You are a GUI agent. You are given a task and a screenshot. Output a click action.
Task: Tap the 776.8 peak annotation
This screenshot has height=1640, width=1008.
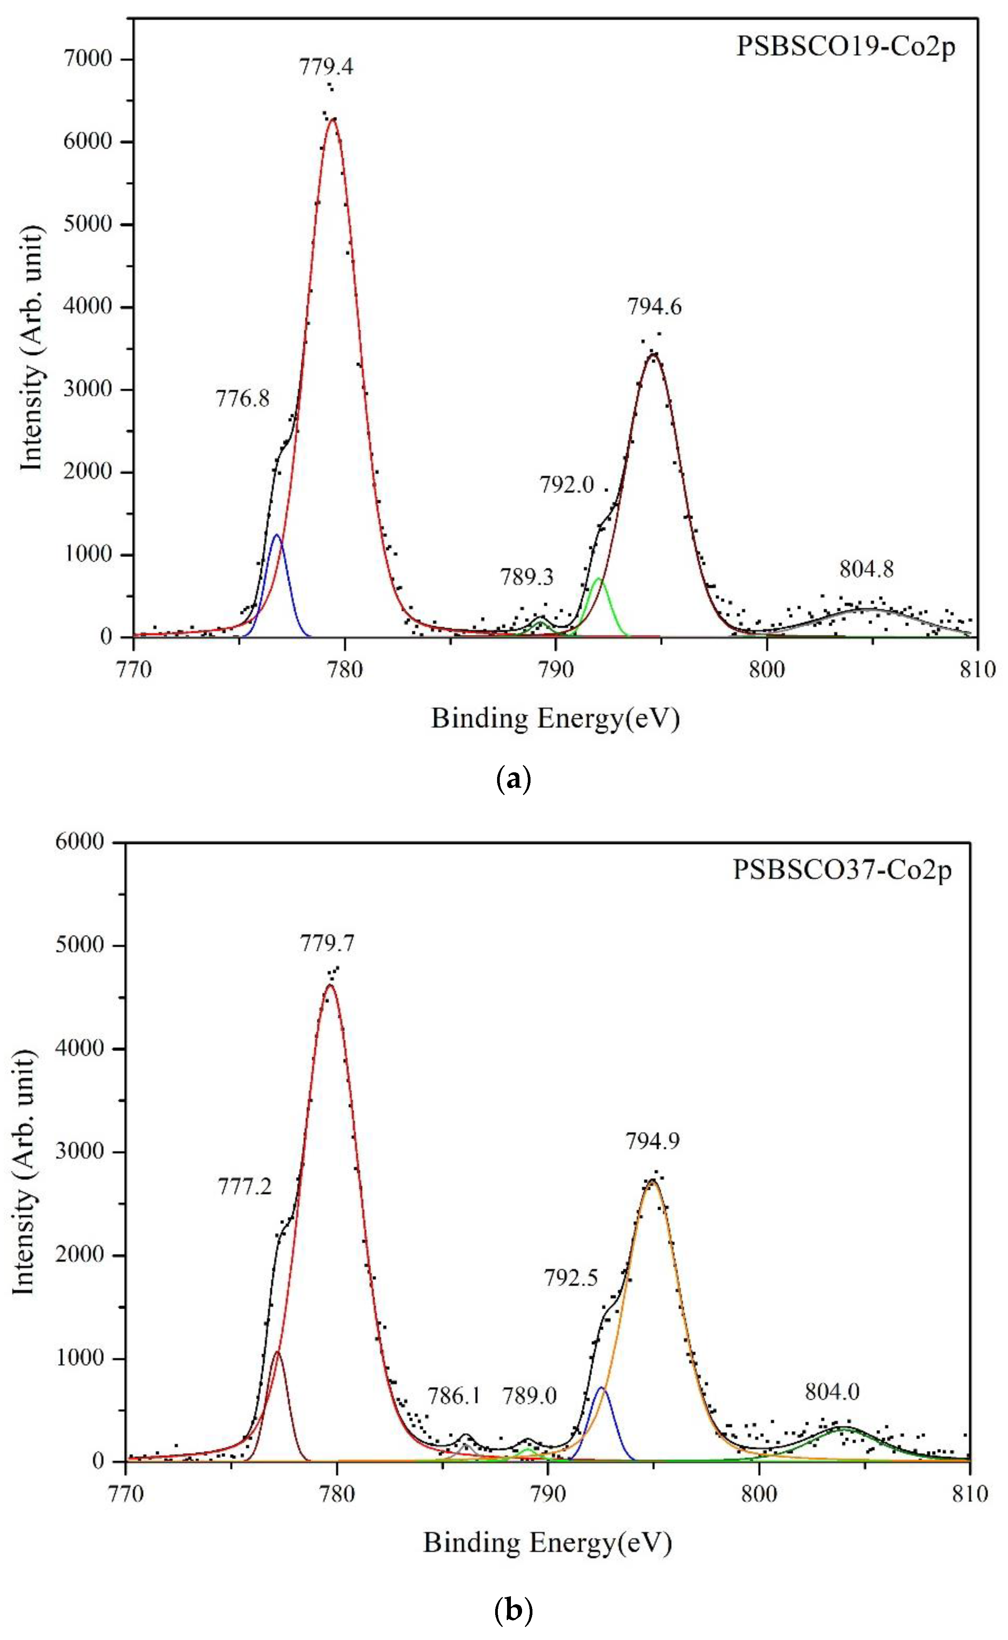point(243,399)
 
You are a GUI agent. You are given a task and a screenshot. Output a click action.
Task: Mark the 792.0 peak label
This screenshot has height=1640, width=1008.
point(567,485)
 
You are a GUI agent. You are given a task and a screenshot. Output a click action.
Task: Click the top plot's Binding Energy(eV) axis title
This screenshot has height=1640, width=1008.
point(556,719)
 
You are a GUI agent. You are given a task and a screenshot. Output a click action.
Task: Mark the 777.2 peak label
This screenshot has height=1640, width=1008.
point(245,1187)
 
